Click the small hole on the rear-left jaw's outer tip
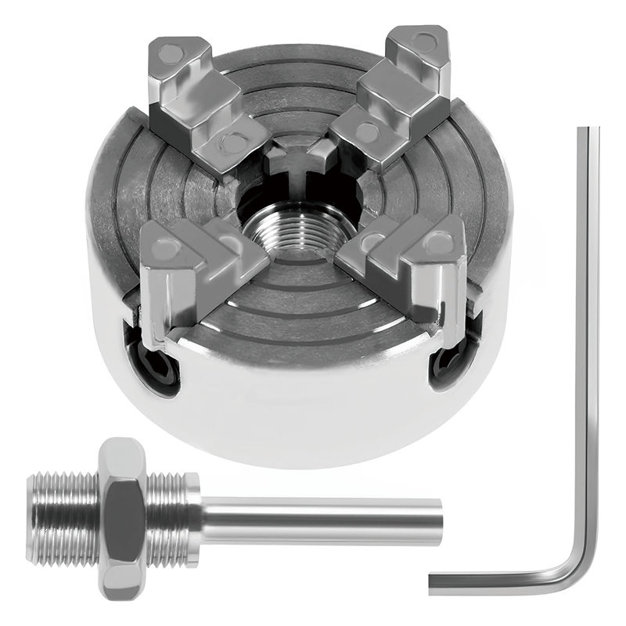(x=169, y=54)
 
